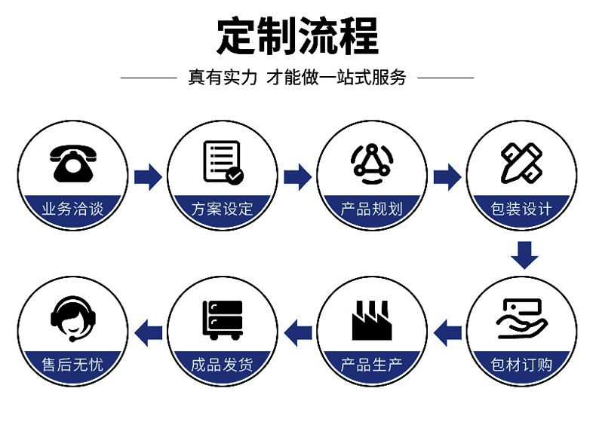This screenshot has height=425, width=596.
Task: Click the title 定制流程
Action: [297, 35]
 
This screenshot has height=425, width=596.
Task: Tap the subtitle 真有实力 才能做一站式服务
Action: [297, 77]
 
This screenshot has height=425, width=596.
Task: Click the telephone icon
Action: [72, 162]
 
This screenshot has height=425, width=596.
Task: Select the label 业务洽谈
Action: [72, 209]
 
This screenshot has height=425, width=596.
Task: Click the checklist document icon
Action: [223, 162]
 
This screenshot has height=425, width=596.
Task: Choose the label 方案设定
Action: [223, 209]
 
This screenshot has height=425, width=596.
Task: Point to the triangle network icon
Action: [372, 161]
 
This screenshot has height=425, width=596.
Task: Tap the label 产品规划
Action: [372, 209]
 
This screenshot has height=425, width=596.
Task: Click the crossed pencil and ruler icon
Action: [521, 162]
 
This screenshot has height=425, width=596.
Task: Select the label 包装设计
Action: [521, 209]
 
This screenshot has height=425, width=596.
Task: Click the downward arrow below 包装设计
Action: [524, 255]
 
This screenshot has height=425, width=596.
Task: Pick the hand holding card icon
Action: [521, 319]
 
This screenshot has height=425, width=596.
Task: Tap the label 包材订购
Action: [521, 365]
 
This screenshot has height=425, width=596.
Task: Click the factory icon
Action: [372, 320]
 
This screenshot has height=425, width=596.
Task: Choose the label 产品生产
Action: [372, 365]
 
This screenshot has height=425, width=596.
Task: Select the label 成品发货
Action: [223, 365]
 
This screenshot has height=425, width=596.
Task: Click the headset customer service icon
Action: [72, 317]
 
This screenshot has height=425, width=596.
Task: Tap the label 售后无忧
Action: [72, 365]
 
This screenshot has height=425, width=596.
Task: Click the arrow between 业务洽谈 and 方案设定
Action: [148, 177]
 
